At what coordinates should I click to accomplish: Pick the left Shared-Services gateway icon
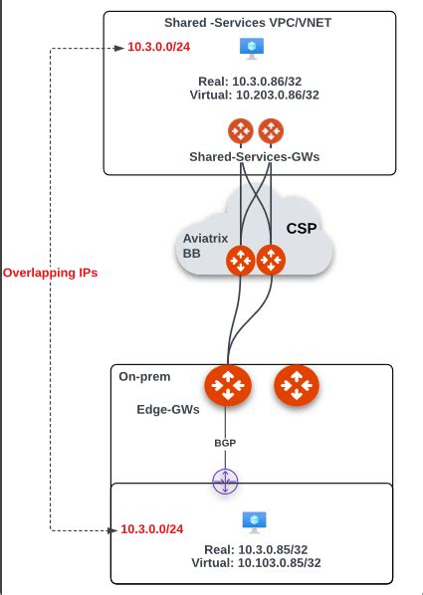[239, 129]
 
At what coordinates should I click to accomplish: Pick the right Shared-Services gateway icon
[271, 129]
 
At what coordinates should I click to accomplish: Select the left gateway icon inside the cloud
[240, 262]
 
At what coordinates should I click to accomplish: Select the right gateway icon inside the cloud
[270, 262]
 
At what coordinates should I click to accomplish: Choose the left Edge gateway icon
[227, 385]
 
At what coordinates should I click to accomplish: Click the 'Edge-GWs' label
[164, 409]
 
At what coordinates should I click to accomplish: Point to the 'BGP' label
[227, 443]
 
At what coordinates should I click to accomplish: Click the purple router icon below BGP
[227, 482]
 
